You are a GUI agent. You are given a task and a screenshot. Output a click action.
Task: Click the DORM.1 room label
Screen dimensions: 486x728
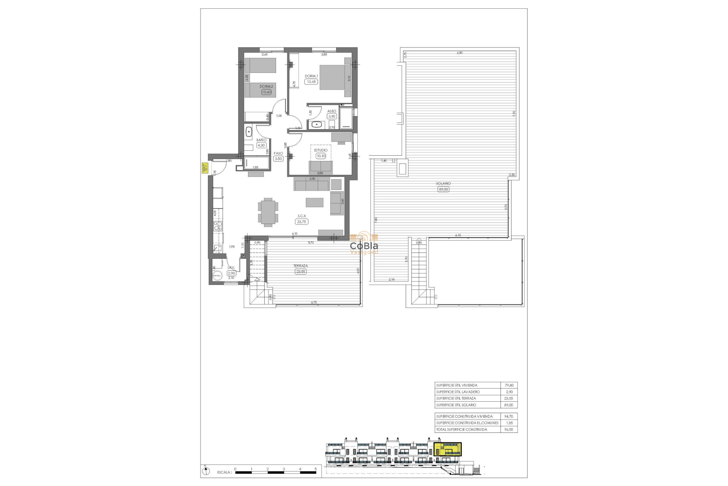[311, 76]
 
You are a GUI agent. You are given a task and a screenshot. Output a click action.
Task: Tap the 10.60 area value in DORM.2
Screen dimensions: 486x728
[266, 92]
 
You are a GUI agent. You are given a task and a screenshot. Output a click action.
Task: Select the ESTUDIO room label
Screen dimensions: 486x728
[321, 150]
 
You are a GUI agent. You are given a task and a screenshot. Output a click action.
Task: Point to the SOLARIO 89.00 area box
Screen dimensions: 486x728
[443, 189]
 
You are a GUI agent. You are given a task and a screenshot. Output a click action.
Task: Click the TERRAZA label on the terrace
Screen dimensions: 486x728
[301, 266]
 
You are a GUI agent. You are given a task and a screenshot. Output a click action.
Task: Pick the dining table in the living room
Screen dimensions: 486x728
[268, 212]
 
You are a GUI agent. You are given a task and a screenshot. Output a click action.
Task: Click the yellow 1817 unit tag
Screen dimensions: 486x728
[205, 168]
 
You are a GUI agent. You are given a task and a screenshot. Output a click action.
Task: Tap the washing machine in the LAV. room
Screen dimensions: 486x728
[218, 276]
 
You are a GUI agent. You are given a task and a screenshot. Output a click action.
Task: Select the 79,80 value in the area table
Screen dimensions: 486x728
[509, 385]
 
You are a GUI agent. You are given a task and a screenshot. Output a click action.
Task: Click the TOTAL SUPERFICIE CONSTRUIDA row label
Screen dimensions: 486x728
[461, 430]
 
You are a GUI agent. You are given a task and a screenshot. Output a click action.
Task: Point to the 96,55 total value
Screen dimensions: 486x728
[509, 430]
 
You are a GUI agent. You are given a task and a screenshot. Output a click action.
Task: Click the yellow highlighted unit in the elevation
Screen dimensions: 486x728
[447, 450]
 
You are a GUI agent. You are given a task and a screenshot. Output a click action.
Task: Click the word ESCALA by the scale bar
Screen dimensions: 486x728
[224, 473]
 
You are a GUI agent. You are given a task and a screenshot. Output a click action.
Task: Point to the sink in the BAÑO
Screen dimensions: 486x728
[249, 132]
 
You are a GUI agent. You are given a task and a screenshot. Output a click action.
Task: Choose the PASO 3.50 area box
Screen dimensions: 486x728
[278, 159]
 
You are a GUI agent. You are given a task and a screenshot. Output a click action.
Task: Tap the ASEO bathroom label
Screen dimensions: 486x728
[332, 111]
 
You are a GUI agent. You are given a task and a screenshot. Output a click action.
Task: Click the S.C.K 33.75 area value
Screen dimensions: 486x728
[301, 222]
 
